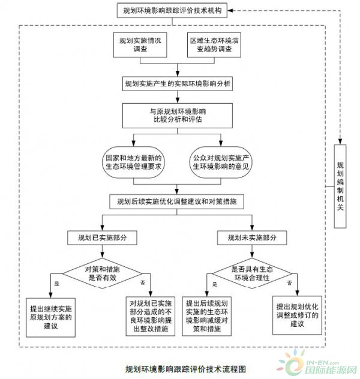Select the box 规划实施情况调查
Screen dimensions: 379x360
click(141, 46)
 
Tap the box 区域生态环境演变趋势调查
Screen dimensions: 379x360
click(215, 46)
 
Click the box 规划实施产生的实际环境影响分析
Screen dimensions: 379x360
click(176, 83)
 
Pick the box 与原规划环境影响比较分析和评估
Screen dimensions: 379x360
click(176, 115)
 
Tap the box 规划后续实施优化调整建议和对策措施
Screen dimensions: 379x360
click(176, 201)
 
